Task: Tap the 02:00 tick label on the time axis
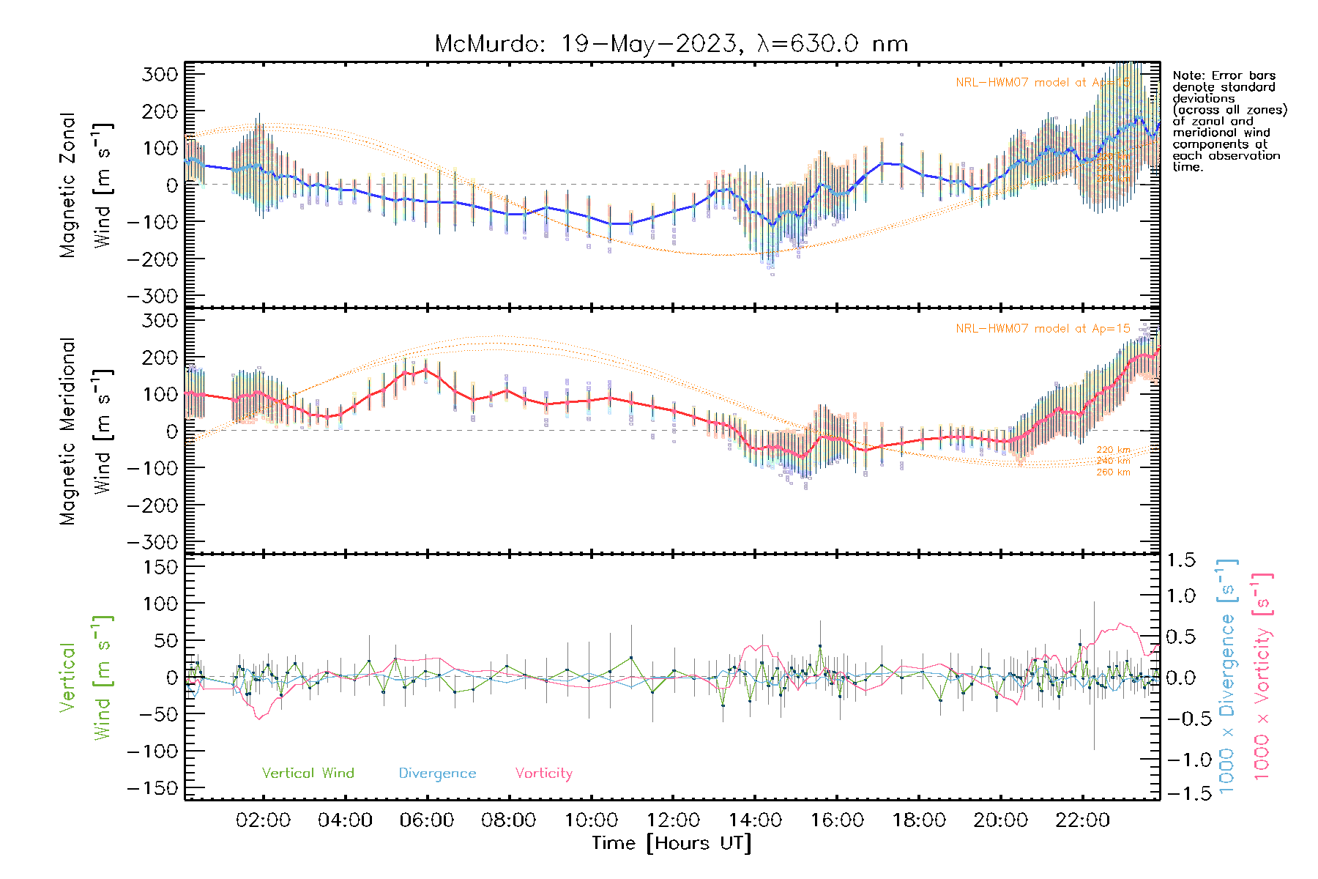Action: pos(263,820)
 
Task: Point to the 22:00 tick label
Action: pos(1082,820)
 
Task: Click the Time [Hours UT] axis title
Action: pos(671,843)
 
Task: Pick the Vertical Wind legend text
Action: pos(308,773)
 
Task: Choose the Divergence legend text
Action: pos(437,773)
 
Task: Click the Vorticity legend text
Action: pos(543,773)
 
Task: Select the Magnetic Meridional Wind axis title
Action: pos(86,431)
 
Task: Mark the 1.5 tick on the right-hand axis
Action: pos(1181,560)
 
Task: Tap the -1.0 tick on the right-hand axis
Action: pos(1181,760)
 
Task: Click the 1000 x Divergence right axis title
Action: pos(1227,677)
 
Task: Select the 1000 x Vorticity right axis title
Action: pos(1262,677)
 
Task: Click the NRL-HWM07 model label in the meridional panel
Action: pos(1043,329)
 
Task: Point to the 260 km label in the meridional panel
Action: pos(1113,472)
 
